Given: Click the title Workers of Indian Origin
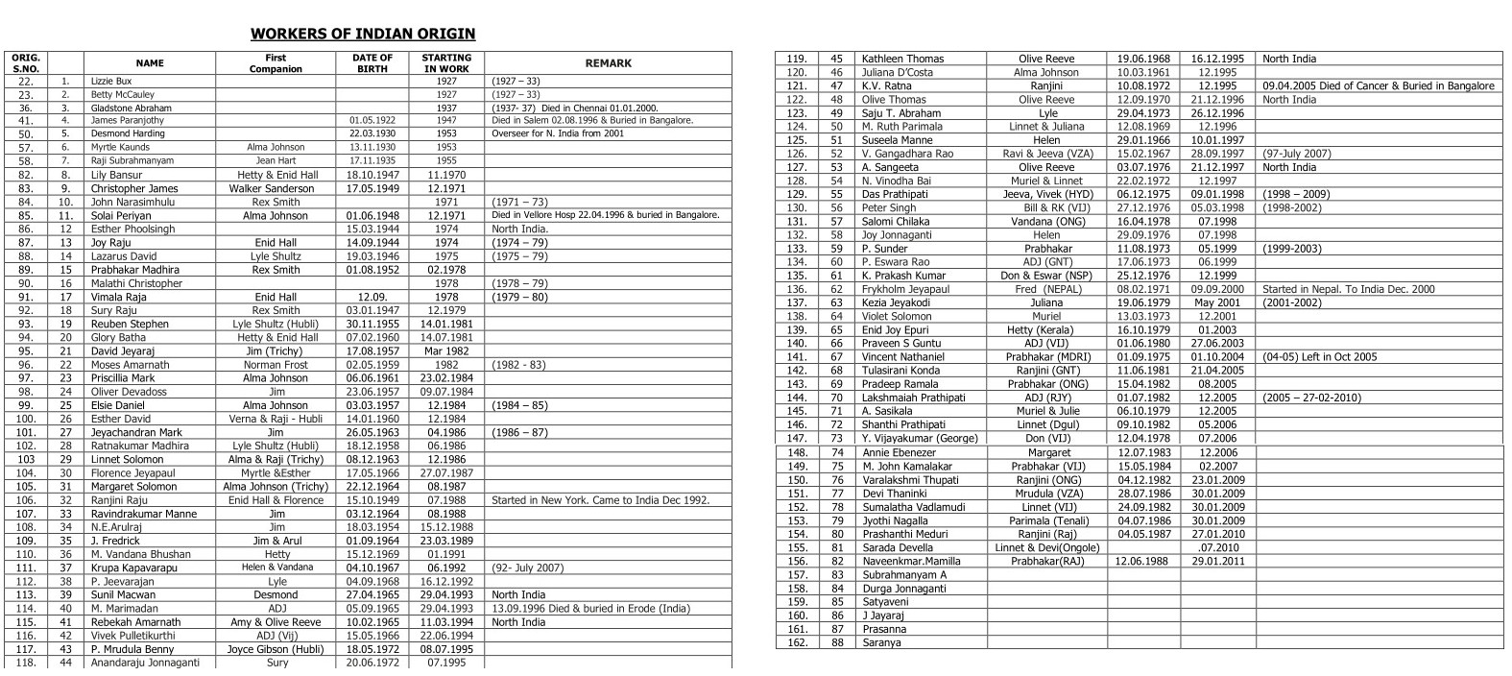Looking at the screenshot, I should click(x=363, y=34).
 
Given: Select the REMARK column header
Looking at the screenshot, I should click(x=608, y=63).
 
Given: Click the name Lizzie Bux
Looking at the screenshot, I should click(x=111, y=82).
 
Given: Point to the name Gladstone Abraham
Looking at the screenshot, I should click(x=132, y=109).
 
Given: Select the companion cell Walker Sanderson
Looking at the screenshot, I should click(x=276, y=189).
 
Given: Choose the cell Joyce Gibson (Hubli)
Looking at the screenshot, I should click(x=276, y=649).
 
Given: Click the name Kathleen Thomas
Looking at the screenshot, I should click(x=902, y=59).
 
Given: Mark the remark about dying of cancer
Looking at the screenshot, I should click(x=1378, y=86).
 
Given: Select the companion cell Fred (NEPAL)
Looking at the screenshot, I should click(x=1045, y=289).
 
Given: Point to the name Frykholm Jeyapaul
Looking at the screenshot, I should click(x=905, y=289).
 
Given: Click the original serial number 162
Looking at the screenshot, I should click(x=797, y=643).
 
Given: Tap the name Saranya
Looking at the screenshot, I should click(x=881, y=643).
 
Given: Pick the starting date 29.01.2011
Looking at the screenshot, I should click(x=1217, y=561).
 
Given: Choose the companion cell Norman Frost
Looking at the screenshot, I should click(x=276, y=365).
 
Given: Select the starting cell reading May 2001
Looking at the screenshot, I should click(x=1217, y=302).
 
